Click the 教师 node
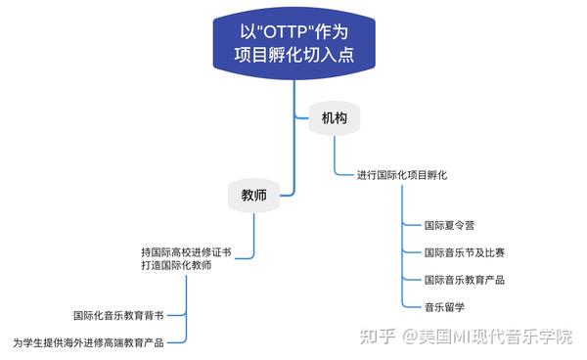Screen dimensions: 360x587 coord(253,196)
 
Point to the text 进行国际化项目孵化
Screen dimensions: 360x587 coord(402,174)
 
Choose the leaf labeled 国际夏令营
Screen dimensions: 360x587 coord(449,225)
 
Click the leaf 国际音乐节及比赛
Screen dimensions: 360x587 coord(464,252)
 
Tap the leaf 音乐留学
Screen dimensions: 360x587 coord(444,307)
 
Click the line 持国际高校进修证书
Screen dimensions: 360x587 coord(186,251)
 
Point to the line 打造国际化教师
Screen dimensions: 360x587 coord(175,265)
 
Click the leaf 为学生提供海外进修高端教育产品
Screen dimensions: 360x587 coord(87,342)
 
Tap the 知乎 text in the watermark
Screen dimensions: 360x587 coord(377,337)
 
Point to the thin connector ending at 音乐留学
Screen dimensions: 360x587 coord(410,307)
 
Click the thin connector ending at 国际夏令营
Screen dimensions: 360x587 coord(410,225)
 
